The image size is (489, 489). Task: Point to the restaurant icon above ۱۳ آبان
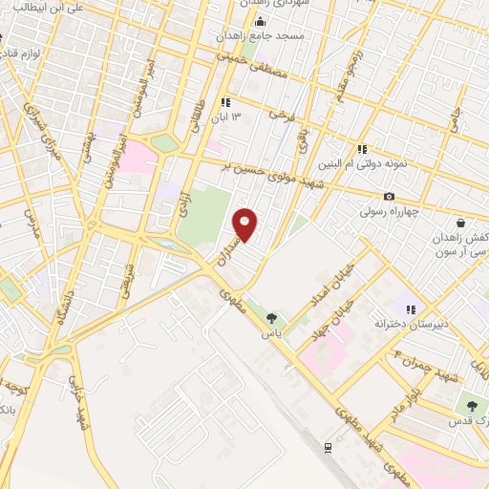click(225, 103)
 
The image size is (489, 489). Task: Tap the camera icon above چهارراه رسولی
click(389, 197)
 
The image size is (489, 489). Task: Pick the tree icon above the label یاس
click(272, 318)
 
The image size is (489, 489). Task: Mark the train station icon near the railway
click(328, 447)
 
